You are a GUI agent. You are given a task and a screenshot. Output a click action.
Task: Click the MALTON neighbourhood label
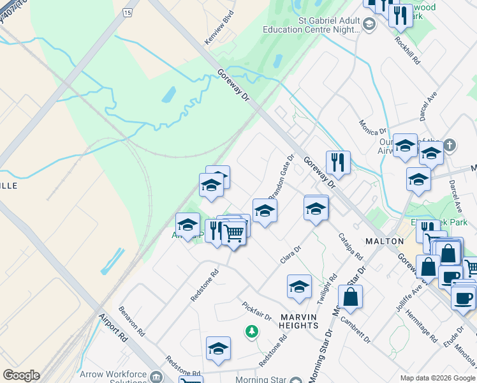[385, 241]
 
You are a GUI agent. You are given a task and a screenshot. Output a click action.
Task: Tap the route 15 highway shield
[128, 13]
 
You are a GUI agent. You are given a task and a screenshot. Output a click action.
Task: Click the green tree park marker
[253, 331]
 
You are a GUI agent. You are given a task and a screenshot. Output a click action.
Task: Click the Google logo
[21, 375]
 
